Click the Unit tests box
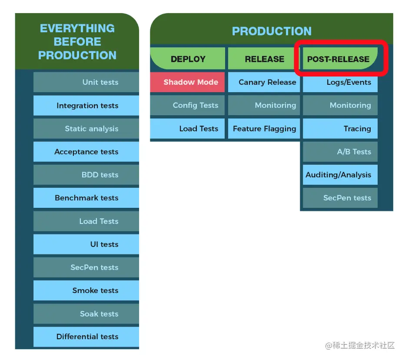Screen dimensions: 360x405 [86, 82]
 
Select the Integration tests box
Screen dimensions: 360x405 [86, 106]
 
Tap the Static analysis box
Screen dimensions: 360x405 [86, 129]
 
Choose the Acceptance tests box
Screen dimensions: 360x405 [86, 152]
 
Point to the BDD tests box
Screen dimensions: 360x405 [86, 175]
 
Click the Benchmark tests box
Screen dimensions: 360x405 [86, 198]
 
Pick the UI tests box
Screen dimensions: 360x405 [86, 244]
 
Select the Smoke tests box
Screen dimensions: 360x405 [86, 290]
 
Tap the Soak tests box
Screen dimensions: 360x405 [86, 314]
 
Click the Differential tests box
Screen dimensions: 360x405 [86, 337]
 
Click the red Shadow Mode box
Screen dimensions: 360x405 [188, 82]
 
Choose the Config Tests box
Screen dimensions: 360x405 [188, 105]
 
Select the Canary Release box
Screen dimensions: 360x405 [264, 82]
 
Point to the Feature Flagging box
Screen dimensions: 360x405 [264, 129]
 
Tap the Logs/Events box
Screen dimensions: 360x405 [340, 82]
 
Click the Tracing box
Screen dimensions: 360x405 [340, 129]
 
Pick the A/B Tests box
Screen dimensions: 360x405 [340, 152]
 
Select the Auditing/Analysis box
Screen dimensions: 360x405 [340, 175]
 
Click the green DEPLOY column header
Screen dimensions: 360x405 [188, 59]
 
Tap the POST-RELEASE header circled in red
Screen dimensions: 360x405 [339, 59]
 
